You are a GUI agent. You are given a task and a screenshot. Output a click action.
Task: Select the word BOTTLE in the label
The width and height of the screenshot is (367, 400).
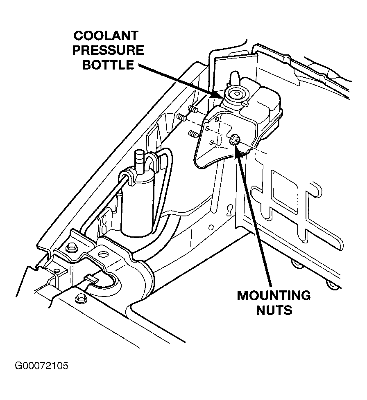click(108, 64)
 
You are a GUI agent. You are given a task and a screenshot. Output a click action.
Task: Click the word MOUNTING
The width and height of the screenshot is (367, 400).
click(274, 295)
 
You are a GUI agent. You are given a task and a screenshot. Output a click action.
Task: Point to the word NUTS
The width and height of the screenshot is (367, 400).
click(274, 310)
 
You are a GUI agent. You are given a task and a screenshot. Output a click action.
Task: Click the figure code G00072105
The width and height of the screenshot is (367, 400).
click(42, 365)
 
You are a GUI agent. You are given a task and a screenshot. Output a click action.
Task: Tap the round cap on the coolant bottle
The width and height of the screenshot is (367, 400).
click(236, 94)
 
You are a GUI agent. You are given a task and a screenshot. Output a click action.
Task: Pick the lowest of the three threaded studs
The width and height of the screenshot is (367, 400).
click(192, 133)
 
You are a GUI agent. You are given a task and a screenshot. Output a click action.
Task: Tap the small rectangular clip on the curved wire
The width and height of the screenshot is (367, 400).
click(92, 280)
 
